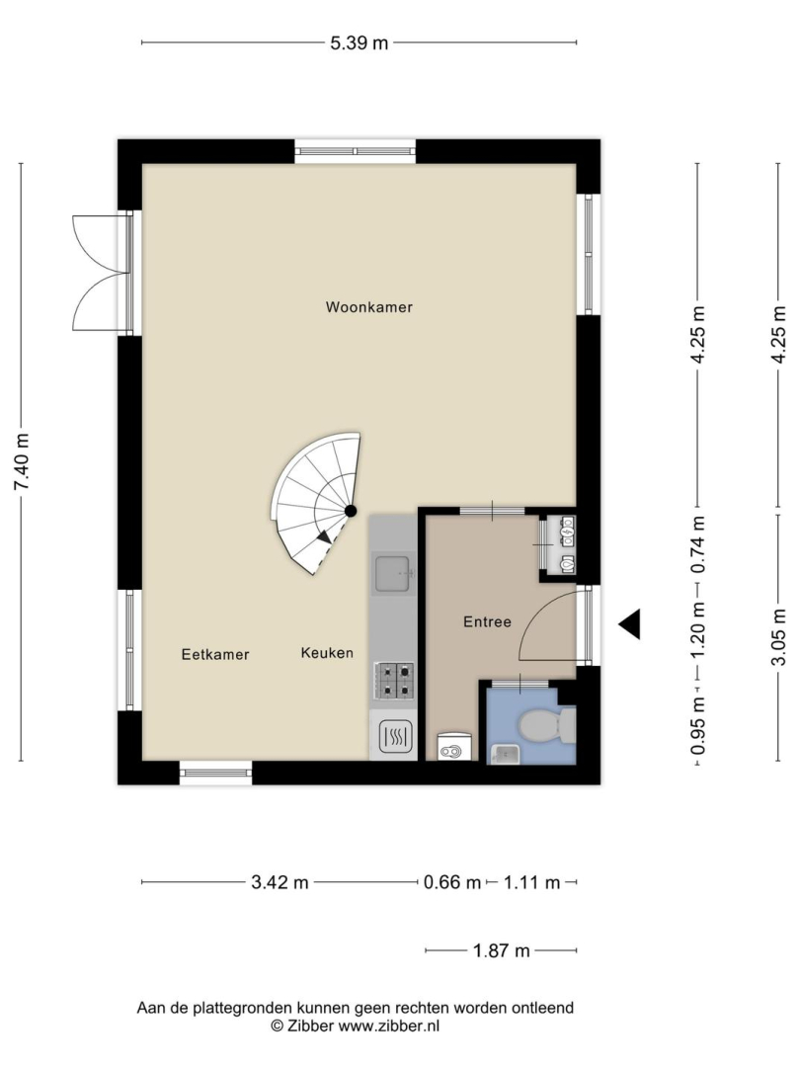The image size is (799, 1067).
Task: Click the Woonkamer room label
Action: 369,307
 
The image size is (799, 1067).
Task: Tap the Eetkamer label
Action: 215,655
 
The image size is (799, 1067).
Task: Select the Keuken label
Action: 327,653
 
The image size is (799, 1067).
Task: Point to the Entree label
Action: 487,621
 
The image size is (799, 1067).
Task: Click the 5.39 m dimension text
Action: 360,42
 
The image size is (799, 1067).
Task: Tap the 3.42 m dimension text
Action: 280,882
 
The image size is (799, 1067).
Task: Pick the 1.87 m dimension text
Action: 501,950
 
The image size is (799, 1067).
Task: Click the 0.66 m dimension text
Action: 452,882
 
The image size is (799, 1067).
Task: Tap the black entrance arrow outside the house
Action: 629,624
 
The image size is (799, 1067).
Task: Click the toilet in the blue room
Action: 547,726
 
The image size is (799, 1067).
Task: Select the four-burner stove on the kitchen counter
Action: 393,681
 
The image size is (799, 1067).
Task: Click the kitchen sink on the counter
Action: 393,573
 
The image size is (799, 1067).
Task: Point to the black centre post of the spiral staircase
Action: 351,511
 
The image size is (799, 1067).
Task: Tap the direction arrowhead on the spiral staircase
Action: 325,536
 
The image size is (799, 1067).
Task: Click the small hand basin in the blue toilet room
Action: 505,754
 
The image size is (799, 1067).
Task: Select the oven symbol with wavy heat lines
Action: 393,736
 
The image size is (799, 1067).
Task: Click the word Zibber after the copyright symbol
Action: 310,1026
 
